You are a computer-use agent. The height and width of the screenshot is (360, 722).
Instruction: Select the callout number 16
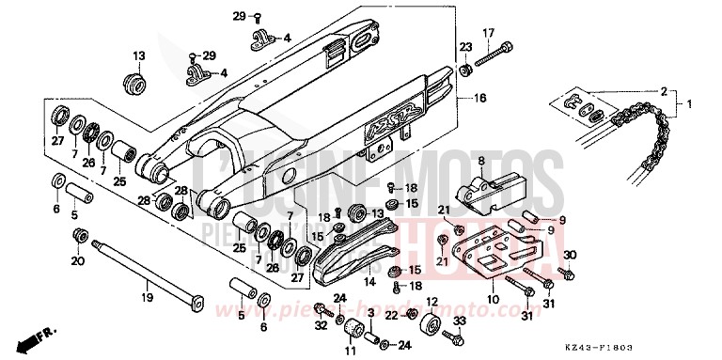[x=479, y=98]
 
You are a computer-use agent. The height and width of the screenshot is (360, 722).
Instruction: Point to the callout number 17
[x=488, y=34]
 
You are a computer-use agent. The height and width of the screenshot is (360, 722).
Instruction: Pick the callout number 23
[x=464, y=47]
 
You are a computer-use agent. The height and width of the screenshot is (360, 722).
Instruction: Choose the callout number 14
[x=369, y=281]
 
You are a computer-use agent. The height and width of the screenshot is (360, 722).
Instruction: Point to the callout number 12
[x=432, y=302]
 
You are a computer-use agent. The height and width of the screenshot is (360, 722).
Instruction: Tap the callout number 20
[x=77, y=260]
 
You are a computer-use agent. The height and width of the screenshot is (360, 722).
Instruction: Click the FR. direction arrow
[x=42, y=335]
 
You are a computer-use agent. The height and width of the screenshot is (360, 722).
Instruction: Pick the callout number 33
[x=460, y=321]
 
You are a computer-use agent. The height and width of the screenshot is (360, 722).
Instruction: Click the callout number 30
[x=569, y=255]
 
